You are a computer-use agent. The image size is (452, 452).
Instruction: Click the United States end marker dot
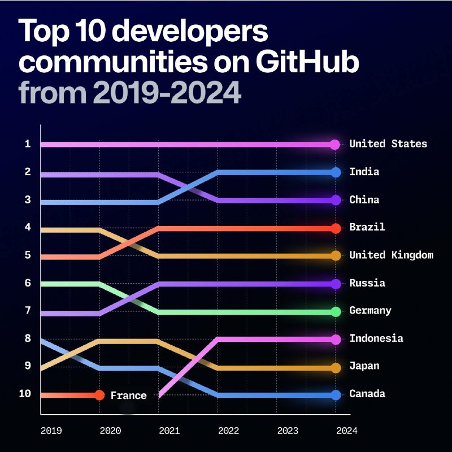click(x=335, y=144)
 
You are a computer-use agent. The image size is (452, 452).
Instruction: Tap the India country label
click(x=364, y=172)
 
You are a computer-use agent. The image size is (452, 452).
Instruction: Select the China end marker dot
click(x=335, y=200)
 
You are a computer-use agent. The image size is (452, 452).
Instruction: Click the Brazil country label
click(x=367, y=227)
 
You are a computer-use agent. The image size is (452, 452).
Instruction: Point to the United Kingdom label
click(x=391, y=255)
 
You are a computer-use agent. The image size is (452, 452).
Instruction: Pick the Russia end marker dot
click(x=335, y=284)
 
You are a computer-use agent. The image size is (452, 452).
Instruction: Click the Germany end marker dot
click(x=335, y=311)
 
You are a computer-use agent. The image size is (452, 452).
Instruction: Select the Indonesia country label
click(x=376, y=338)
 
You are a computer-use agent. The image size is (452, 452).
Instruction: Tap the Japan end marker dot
click(x=335, y=367)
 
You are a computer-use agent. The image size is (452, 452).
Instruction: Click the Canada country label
click(x=367, y=394)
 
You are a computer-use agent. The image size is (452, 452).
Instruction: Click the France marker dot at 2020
click(x=99, y=395)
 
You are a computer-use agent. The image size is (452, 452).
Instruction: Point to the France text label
click(x=128, y=395)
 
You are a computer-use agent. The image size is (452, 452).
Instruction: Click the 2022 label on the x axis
click(x=229, y=431)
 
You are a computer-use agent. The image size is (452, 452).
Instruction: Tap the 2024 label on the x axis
click(x=346, y=431)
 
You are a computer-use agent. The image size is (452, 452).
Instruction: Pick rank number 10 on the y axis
click(x=25, y=394)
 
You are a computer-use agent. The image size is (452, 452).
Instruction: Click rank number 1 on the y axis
click(x=27, y=144)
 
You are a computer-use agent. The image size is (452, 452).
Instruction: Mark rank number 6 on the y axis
click(x=27, y=282)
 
